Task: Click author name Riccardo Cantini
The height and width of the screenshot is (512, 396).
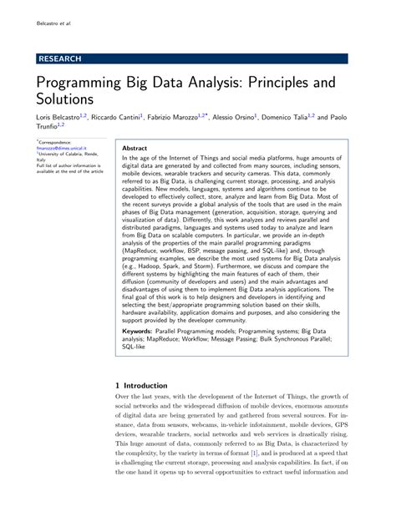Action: click(115, 119)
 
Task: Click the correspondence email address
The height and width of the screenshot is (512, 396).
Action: click(61, 150)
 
